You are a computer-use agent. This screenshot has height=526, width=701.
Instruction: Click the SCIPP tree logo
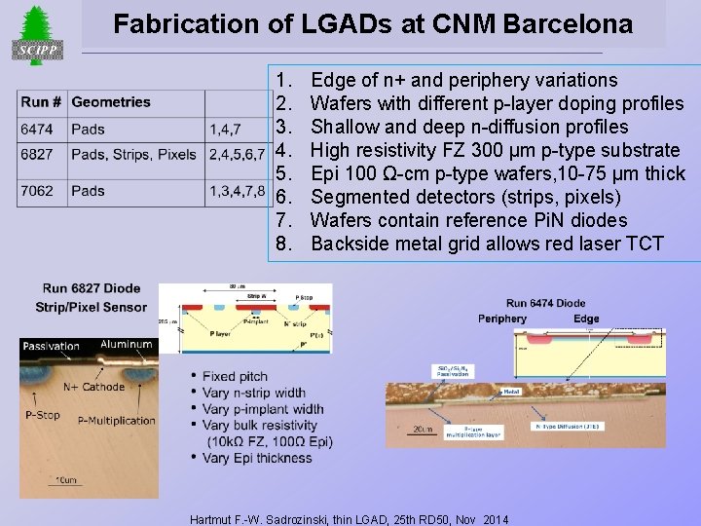(36, 35)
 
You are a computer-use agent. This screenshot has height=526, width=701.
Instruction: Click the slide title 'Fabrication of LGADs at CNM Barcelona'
(372, 23)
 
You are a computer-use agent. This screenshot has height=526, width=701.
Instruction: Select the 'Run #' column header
(42, 101)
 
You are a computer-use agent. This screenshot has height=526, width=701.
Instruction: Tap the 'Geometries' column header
(111, 101)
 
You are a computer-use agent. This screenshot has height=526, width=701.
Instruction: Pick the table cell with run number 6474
(38, 129)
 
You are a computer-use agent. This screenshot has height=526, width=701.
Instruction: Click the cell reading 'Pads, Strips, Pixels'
(134, 155)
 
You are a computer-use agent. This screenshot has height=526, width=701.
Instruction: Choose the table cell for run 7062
(38, 191)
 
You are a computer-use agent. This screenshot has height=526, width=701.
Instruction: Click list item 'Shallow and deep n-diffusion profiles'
(468, 127)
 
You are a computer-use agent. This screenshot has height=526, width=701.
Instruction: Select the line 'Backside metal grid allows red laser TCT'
(487, 244)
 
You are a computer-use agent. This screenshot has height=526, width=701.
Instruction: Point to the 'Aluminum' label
(127, 344)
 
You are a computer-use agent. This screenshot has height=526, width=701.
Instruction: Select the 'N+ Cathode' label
(94, 387)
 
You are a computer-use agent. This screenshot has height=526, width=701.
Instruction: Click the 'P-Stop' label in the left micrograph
(43, 414)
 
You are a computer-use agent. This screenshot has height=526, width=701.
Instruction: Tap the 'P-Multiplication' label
(116, 421)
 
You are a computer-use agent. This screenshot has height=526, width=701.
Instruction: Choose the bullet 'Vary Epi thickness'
(257, 458)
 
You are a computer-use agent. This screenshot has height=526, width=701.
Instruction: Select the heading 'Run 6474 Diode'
(545, 303)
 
